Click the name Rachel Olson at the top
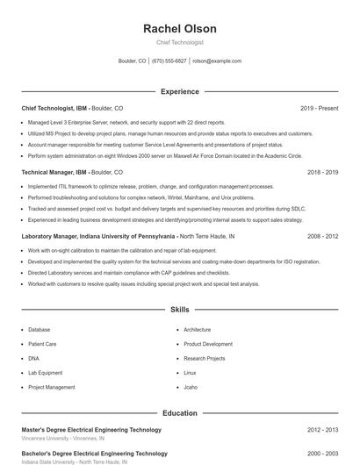point(180,29)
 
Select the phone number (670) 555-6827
point(169,61)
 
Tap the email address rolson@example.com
point(217,61)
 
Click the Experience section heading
point(180,91)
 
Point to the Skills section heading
point(180,310)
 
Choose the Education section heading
point(180,412)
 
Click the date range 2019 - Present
point(319,108)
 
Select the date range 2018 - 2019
point(322,173)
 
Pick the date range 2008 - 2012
point(322,236)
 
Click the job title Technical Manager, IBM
point(54,173)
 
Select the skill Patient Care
point(42,344)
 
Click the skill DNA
point(33,358)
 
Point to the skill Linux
point(190,372)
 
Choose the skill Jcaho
point(191,387)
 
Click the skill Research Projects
point(205,358)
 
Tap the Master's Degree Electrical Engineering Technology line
point(91,430)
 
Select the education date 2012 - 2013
point(322,430)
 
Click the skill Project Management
point(51,387)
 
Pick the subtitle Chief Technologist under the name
point(180,42)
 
